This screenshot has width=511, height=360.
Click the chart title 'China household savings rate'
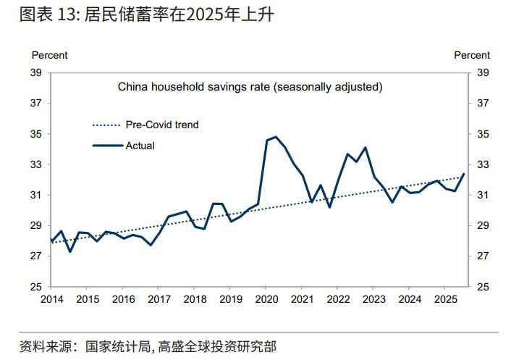tap(250, 87)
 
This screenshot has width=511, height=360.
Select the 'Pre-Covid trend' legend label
tap(162, 125)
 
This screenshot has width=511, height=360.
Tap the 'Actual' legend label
tap(140, 146)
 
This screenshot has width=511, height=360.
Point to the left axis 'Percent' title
tap(49, 55)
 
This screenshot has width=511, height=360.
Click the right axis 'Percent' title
tap(472, 55)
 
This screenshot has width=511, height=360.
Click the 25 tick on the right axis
tap(483, 287)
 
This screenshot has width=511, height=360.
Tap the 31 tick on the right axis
tap(483, 196)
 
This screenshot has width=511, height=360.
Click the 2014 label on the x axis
tap(51, 299)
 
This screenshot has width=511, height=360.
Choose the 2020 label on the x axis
tap(266, 299)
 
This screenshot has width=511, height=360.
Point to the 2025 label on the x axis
tap(446, 299)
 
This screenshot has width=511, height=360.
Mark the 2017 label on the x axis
tap(159, 299)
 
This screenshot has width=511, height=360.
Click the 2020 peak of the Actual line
tap(276, 137)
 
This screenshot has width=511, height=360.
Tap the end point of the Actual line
tap(463, 174)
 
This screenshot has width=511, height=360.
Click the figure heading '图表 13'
tap(43, 14)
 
